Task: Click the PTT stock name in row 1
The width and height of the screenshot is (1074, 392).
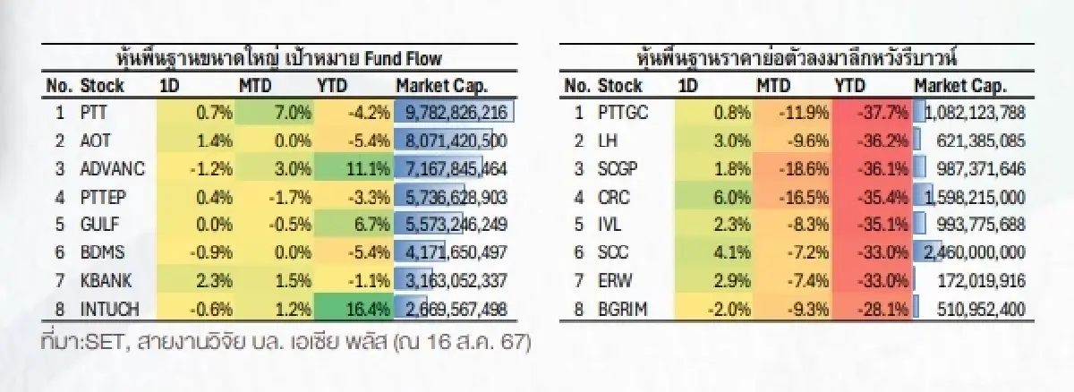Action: tap(93, 113)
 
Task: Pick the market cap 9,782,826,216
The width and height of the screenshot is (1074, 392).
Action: tap(456, 113)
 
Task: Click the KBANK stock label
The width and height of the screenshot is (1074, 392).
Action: tap(106, 281)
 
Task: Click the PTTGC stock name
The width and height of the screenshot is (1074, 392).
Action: tap(623, 113)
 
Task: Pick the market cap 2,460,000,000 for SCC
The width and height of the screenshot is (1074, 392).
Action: tap(975, 252)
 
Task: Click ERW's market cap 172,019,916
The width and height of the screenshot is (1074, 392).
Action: tap(981, 281)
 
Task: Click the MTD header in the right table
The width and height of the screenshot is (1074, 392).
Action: tap(773, 86)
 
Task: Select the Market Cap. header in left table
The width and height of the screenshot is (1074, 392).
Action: tap(441, 86)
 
